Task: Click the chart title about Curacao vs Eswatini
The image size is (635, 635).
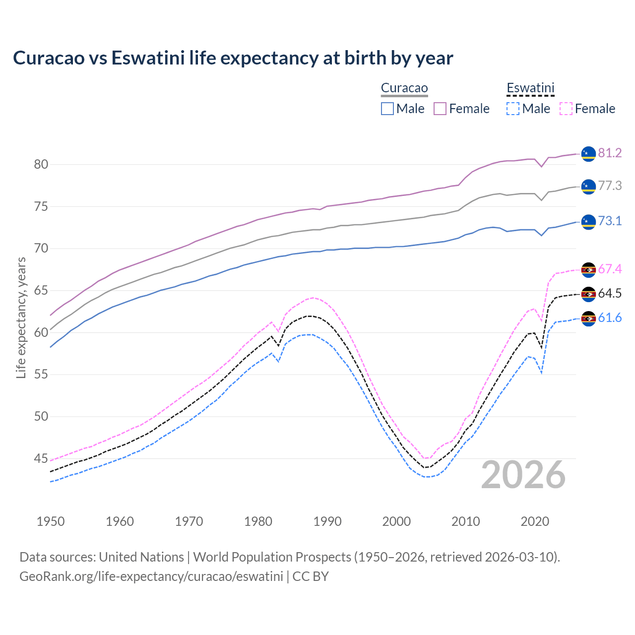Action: [233, 58]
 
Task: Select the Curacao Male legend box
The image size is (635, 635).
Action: [387, 109]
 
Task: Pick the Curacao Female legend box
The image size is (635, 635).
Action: [441, 109]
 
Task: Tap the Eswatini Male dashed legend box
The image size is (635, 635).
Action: [513, 109]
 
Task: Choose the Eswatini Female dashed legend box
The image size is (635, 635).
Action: [566, 109]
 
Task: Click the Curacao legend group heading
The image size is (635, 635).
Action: [404, 88]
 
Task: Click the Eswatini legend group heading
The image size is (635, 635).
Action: [530, 88]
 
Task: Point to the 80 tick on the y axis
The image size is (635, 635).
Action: [41, 164]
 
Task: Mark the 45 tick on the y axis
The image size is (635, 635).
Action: [41, 458]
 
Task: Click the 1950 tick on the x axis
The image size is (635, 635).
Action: [51, 521]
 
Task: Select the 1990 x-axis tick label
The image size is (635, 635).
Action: [327, 521]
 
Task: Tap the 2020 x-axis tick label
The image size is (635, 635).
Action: [535, 521]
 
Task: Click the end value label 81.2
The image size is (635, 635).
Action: [610, 153]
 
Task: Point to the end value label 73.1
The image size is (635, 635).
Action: [610, 221]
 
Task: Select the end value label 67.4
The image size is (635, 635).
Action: [610, 269]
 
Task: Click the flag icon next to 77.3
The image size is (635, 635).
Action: [588, 187]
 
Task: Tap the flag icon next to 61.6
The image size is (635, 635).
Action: [588, 318]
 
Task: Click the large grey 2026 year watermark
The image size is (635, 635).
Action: [523, 475]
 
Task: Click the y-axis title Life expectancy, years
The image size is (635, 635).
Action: [21, 317]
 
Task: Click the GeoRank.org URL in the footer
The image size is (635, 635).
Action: [151, 576]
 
